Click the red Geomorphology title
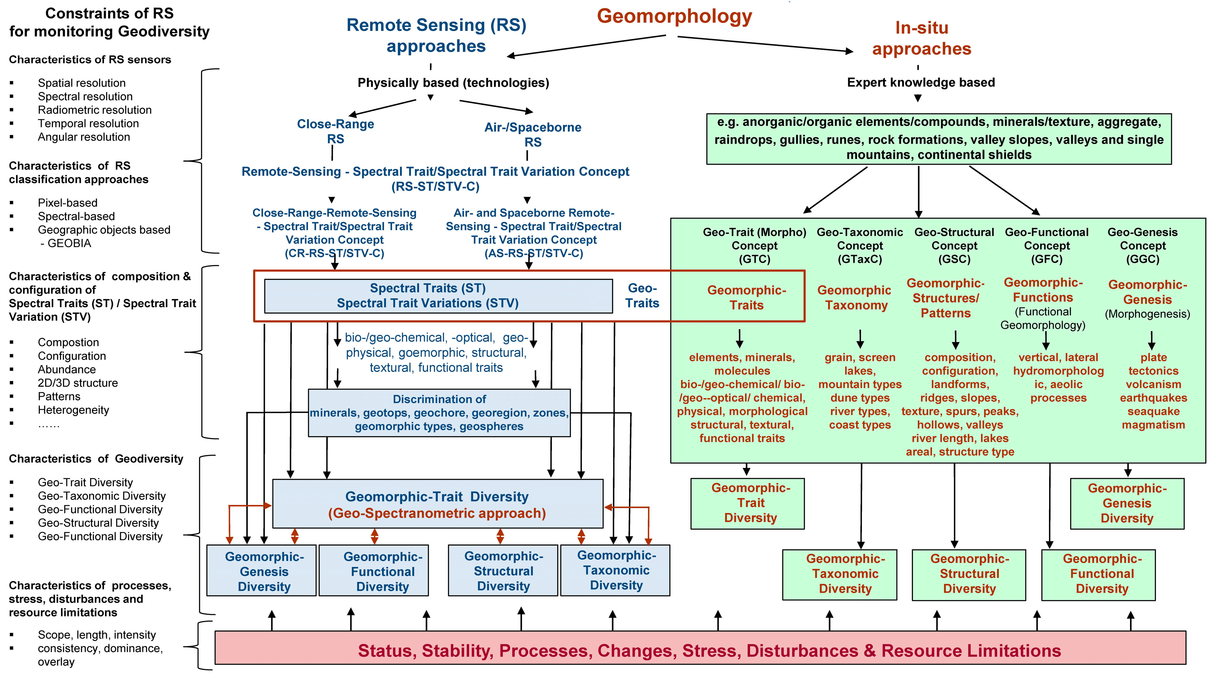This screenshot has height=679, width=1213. [x=674, y=16]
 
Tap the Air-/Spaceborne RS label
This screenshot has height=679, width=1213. [x=533, y=134]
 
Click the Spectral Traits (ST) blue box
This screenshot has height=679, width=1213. [x=438, y=296]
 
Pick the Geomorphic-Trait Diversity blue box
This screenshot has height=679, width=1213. [x=437, y=504]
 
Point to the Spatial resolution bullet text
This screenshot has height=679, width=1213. [x=81, y=83]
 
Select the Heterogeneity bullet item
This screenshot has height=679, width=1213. [x=73, y=410]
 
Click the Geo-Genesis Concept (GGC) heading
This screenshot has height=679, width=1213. [x=1142, y=245]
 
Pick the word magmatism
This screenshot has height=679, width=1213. [x=1153, y=425]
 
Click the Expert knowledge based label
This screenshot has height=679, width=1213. [x=921, y=82]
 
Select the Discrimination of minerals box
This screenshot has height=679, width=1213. [x=439, y=413]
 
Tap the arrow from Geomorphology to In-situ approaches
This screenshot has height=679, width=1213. [x=765, y=44]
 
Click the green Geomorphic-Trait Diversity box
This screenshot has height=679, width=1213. [x=747, y=503]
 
